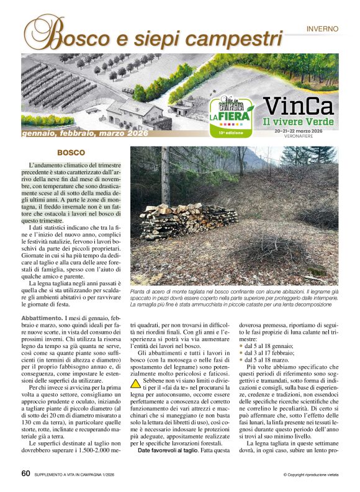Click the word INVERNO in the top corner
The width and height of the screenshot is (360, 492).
[322, 29]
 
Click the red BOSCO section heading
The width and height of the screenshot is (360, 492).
[71, 152]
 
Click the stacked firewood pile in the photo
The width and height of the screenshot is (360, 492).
[186, 221]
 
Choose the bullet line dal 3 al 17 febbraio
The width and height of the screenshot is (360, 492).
[269, 352]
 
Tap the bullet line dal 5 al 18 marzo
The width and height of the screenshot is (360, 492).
[266, 360]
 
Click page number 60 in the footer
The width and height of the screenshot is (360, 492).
[25, 473]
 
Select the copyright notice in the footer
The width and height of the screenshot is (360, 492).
[310, 475]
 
